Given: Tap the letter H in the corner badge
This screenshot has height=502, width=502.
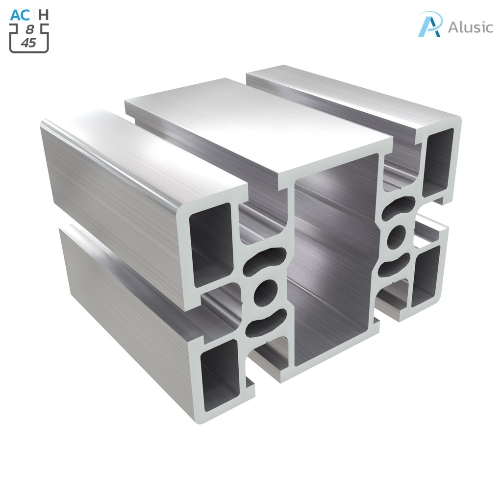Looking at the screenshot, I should [44, 15].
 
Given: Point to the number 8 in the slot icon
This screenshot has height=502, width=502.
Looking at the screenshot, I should [29, 30].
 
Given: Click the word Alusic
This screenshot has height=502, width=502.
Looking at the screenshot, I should [470, 27].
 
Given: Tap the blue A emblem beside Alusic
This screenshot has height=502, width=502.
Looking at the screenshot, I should [430, 25].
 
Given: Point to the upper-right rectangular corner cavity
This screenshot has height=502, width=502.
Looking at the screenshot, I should [438, 162].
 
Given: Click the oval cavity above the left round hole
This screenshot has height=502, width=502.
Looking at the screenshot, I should [265, 260].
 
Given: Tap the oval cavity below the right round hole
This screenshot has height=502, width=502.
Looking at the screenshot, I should [395, 265].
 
